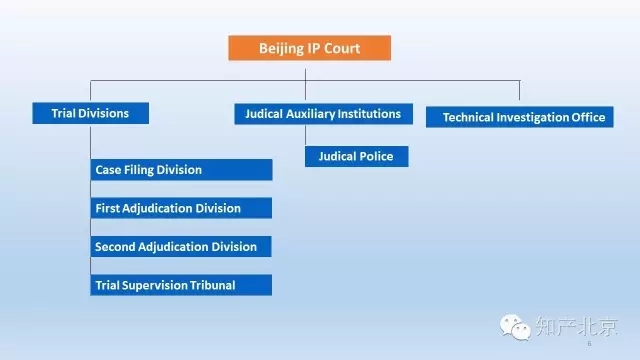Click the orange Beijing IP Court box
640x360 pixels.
(x=308, y=48)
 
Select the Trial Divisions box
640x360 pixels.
(x=90, y=113)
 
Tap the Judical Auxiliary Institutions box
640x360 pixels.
(x=322, y=114)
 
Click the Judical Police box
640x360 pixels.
(x=356, y=156)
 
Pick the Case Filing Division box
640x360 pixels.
(x=181, y=170)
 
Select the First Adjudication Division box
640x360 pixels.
(x=181, y=208)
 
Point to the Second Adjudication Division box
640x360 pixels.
(x=181, y=246)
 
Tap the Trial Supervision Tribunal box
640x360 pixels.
(x=181, y=285)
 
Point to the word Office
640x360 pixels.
(x=585, y=117)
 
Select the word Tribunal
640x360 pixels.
(x=210, y=285)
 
